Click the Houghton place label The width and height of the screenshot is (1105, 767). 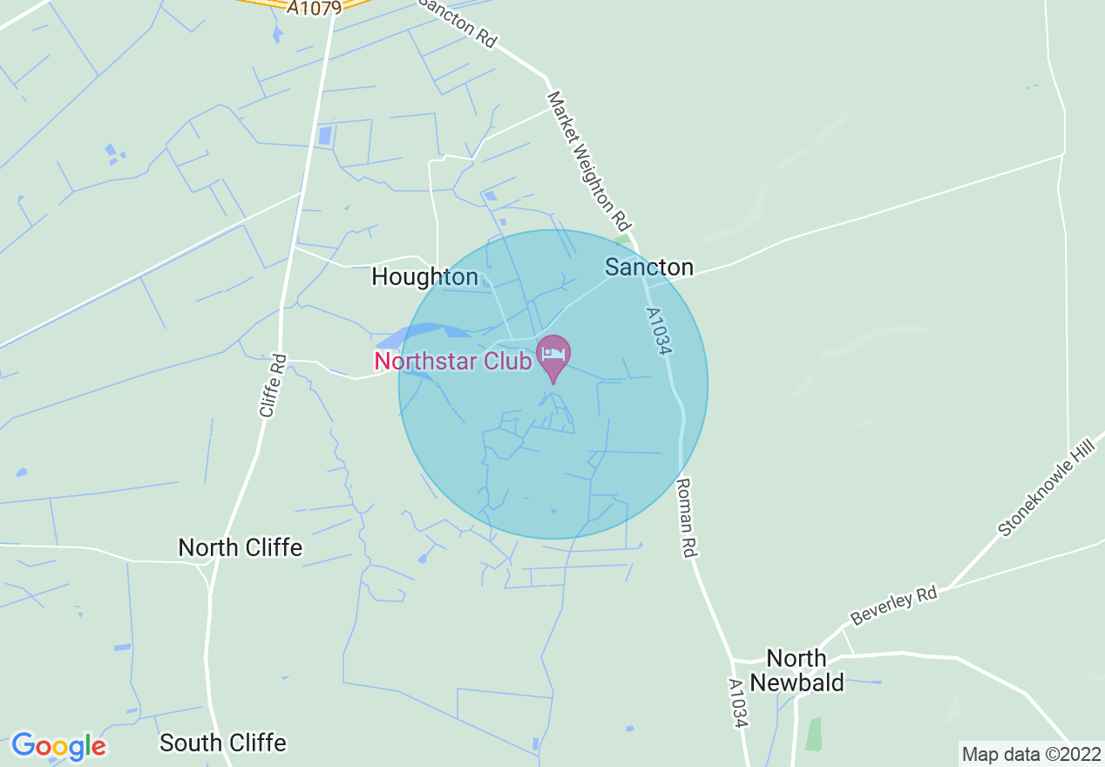424,277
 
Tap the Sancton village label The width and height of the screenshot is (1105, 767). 649,267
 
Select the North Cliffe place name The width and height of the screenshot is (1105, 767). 240,547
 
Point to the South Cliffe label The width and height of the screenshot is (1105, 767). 222,743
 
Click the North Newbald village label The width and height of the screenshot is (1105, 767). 797,669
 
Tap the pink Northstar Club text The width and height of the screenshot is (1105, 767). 452,360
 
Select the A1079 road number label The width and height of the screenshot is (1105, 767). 315,7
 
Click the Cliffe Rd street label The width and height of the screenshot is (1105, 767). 272,383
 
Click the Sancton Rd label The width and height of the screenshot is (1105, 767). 458,22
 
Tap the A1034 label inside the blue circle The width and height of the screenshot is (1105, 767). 661,330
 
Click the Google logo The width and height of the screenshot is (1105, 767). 58,746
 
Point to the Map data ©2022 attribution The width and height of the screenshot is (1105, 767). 1029,753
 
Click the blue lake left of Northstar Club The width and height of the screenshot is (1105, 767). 418,333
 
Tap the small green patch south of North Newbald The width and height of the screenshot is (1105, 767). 813,734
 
